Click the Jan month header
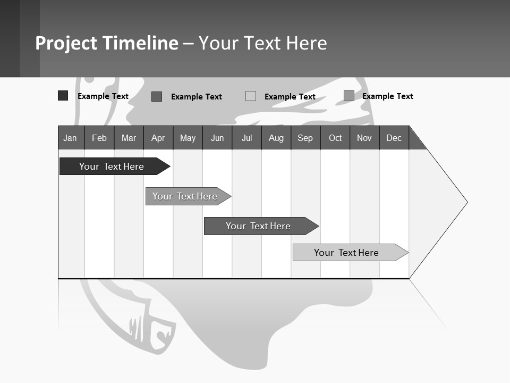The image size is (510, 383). (71, 138)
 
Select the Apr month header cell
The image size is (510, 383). (158, 138)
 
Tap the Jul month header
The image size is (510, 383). (246, 138)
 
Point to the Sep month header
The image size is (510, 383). (305, 138)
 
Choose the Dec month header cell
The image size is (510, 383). (394, 138)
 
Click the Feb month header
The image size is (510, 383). (99, 138)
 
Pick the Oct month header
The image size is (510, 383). (335, 138)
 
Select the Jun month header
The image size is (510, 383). (217, 138)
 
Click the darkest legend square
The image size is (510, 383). (63, 96)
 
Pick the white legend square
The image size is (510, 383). (251, 96)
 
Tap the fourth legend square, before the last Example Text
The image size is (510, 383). (348, 96)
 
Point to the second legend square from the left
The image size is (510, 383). (157, 96)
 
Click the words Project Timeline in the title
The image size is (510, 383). (106, 43)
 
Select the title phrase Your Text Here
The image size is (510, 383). (262, 43)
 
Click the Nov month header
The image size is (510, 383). (364, 138)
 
